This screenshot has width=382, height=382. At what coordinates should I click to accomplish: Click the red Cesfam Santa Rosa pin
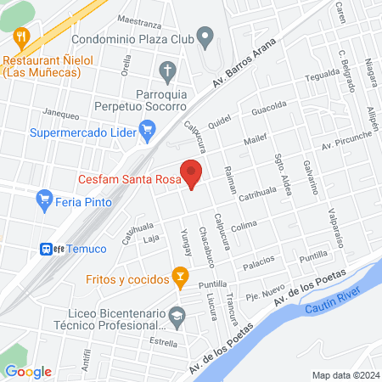tap(193, 175)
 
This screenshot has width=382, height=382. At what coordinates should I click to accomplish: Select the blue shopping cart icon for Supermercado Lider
tap(149, 130)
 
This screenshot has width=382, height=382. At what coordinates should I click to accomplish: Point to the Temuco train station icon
tap(47, 249)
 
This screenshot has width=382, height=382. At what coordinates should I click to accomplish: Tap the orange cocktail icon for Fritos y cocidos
tap(179, 276)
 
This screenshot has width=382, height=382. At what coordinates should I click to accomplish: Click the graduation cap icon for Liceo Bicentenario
tap(177, 317)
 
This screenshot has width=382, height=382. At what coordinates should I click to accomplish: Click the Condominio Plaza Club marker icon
tap(205, 37)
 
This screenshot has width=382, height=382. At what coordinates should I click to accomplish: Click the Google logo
tap(28, 371)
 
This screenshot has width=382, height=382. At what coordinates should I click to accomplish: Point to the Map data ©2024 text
tap(345, 374)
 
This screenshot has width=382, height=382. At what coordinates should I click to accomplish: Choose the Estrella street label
tap(162, 342)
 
